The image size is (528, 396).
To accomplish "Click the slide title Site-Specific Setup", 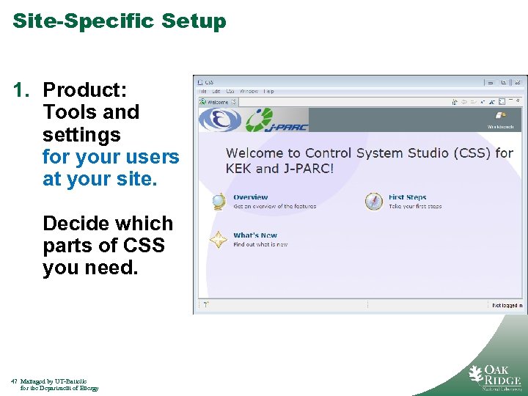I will pyautogui.click(x=120, y=21).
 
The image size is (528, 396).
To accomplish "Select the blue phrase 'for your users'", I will pyautogui.click(x=111, y=157).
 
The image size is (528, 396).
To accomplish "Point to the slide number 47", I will pyautogui.click(x=15, y=381).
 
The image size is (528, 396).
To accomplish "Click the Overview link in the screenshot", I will pyautogui.click(x=250, y=197).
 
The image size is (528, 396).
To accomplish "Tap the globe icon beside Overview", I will pyautogui.click(x=219, y=202).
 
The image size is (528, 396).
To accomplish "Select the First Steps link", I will pyautogui.click(x=407, y=197).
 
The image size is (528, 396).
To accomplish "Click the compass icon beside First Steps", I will pyautogui.click(x=374, y=202).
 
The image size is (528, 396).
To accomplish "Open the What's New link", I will pyautogui.click(x=255, y=235).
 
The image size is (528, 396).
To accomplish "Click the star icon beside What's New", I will pyautogui.click(x=219, y=240).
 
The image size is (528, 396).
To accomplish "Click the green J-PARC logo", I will pyautogui.click(x=276, y=120).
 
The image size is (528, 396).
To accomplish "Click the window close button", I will pyautogui.click(x=518, y=82).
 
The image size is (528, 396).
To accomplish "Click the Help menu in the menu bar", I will pyautogui.click(x=268, y=92).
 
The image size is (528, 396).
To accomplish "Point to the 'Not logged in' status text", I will pyautogui.click(x=507, y=305).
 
